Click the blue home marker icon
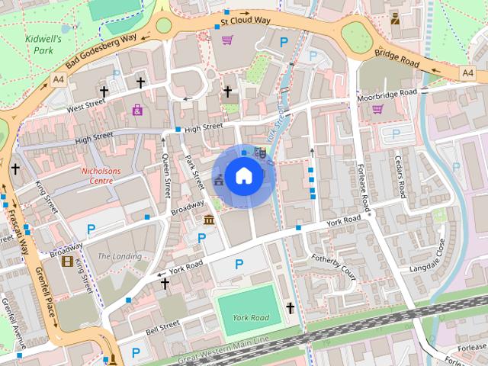pos(243,175)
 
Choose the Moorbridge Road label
pos(387,94)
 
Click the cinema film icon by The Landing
pos(67,262)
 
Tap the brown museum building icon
pos(209,220)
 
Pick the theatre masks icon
pos(260,152)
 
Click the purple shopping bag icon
pos(137,110)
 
